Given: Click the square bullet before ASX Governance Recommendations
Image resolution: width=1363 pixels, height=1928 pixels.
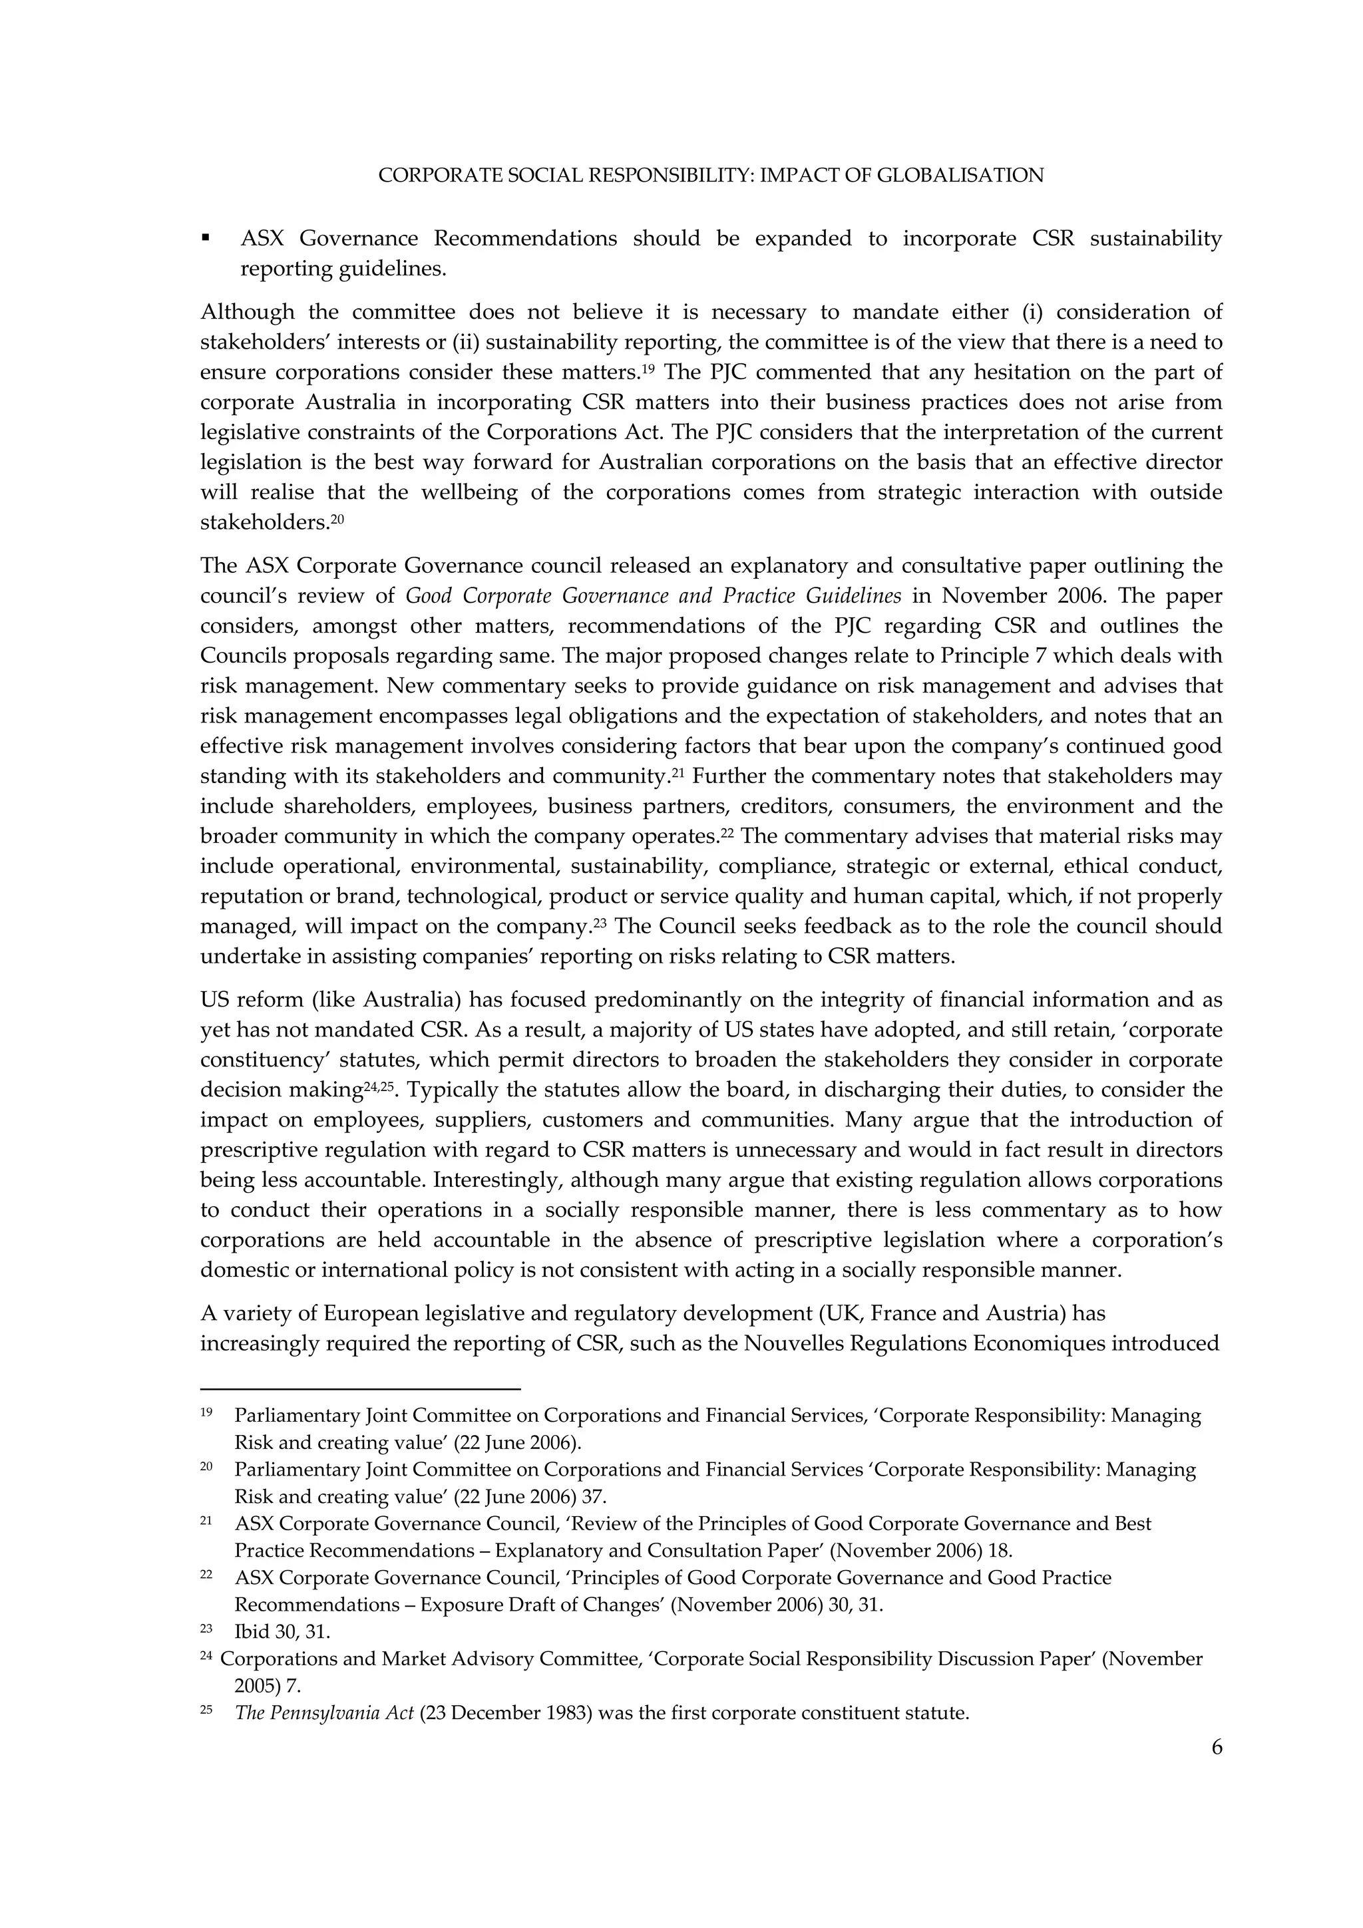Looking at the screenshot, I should tap(205, 238).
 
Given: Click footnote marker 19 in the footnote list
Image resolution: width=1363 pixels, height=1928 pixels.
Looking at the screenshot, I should tap(206, 1412).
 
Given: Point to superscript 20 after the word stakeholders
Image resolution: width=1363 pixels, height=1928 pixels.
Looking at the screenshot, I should tap(337, 519).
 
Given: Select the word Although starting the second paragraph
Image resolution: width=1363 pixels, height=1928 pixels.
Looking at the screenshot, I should tap(247, 313).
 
